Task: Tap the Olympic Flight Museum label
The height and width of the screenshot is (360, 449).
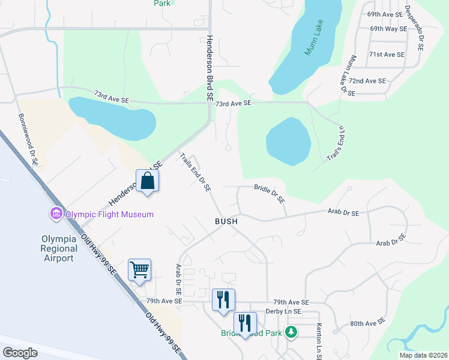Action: click(x=109, y=214)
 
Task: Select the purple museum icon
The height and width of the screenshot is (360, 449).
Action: click(x=56, y=214)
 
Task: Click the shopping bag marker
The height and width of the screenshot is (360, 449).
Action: click(x=148, y=181)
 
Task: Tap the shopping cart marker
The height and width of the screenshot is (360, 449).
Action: click(x=139, y=270)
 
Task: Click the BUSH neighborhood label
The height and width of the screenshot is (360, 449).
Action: click(x=226, y=221)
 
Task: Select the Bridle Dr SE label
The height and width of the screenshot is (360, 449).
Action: click(x=269, y=194)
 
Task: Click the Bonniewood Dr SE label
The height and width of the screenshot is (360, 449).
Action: click(x=28, y=140)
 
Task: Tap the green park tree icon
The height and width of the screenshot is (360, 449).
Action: click(x=291, y=331)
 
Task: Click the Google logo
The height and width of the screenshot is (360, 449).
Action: click(x=20, y=353)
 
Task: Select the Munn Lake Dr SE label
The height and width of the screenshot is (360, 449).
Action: click(x=349, y=76)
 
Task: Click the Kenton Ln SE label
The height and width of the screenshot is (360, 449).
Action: click(x=318, y=340)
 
